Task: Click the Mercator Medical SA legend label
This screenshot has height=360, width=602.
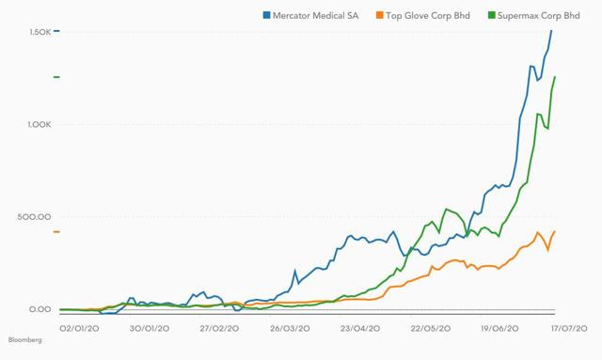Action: [x=316, y=16]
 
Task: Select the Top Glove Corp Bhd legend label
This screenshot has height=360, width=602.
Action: [x=428, y=16]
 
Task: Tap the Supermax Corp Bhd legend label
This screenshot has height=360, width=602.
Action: [x=538, y=16]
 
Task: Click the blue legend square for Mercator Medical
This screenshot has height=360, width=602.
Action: [x=266, y=15]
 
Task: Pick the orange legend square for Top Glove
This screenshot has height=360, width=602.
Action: [x=380, y=15]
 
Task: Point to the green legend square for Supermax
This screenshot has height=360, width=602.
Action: [x=491, y=15]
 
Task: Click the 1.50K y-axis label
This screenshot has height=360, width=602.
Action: [x=40, y=32]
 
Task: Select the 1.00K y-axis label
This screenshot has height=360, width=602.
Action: [x=40, y=124]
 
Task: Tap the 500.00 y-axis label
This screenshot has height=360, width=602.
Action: [x=34, y=217]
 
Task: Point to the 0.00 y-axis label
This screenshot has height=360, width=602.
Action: [x=40, y=309]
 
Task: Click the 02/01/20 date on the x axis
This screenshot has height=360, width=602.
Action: [x=79, y=329]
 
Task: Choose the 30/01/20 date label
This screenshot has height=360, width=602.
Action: [x=150, y=329]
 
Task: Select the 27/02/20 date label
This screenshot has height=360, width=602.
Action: [x=219, y=329]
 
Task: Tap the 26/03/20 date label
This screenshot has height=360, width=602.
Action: [x=290, y=329]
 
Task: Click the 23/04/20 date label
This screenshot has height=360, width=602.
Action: [x=360, y=329]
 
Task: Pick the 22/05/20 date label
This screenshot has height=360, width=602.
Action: [x=431, y=329]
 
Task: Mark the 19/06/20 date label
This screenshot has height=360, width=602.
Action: [x=499, y=329]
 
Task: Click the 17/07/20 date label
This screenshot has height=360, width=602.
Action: [x=569, y=329]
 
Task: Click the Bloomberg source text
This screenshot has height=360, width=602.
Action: [x=25, y=340]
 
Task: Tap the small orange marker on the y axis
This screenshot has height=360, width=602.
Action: [x=56, y=232]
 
